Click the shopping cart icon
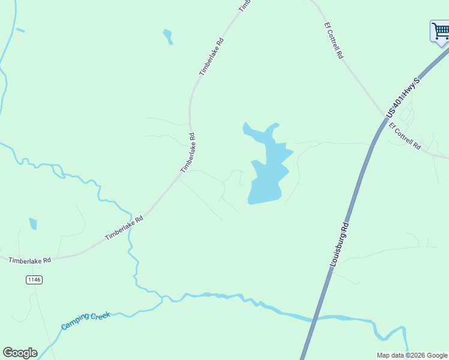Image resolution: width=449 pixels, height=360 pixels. tap(440, 31)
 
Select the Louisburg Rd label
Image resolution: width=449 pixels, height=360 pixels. tap(339, 245)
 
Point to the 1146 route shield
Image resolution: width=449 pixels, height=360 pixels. tap(34, 280)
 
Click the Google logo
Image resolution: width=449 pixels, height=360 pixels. tap(20, 353)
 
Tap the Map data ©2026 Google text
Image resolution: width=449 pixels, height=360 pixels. tap(412, 355)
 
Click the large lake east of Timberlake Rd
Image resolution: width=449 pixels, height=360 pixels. tap(268, 174)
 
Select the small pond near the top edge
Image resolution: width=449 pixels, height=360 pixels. tap(167, 36)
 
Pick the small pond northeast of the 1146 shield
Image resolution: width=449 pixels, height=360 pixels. tap(33, 223)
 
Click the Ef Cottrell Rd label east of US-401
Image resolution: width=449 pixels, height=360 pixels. tap(405, 136)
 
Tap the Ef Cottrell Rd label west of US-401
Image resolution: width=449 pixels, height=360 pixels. tap(333, 40)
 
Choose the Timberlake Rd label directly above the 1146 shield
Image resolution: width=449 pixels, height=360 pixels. tap(30, 260)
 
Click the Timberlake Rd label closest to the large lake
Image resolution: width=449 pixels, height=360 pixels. tap(188, 153)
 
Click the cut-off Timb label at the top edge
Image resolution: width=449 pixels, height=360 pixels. tap(244, 5)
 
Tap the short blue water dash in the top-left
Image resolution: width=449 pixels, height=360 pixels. tap(20, 29)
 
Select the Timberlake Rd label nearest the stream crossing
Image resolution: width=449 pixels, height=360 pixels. tap(124, 228)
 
